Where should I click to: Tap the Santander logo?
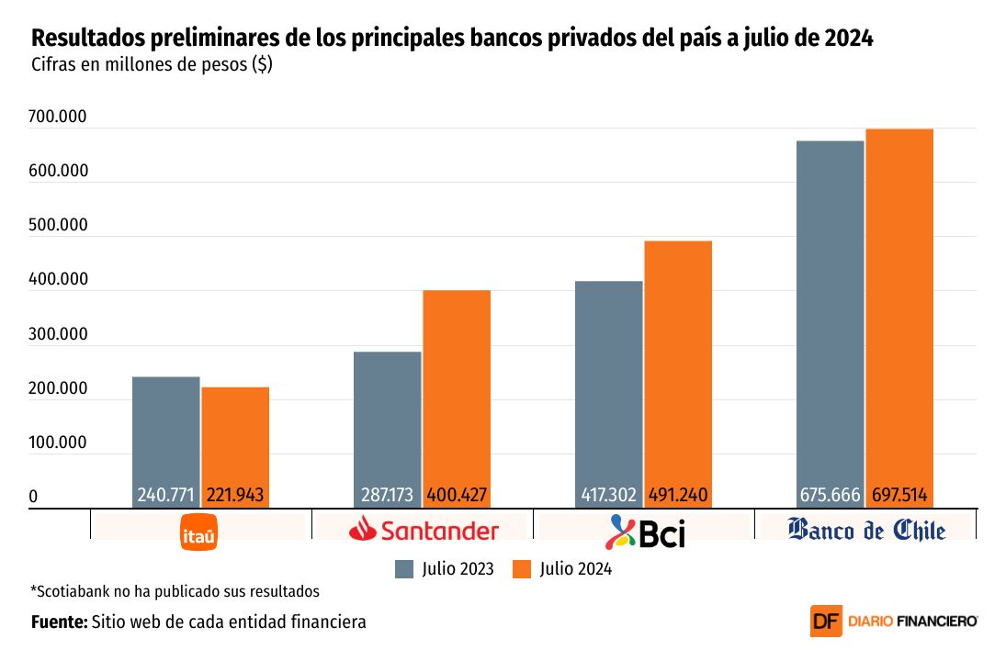(424, 530)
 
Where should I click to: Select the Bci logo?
(648, 532)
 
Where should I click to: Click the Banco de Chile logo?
(866, 530)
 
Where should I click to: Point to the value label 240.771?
(165, 496)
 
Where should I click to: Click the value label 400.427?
(457, 496)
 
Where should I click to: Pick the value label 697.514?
(899, 496)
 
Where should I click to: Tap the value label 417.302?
(608, 496)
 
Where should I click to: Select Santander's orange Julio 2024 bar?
(457, 386)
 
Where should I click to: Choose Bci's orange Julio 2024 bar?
(678, 358)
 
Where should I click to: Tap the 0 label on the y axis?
(33, 497)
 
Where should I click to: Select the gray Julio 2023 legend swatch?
(404, 569)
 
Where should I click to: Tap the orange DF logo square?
(826, 622)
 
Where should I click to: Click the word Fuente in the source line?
(58, 622)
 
